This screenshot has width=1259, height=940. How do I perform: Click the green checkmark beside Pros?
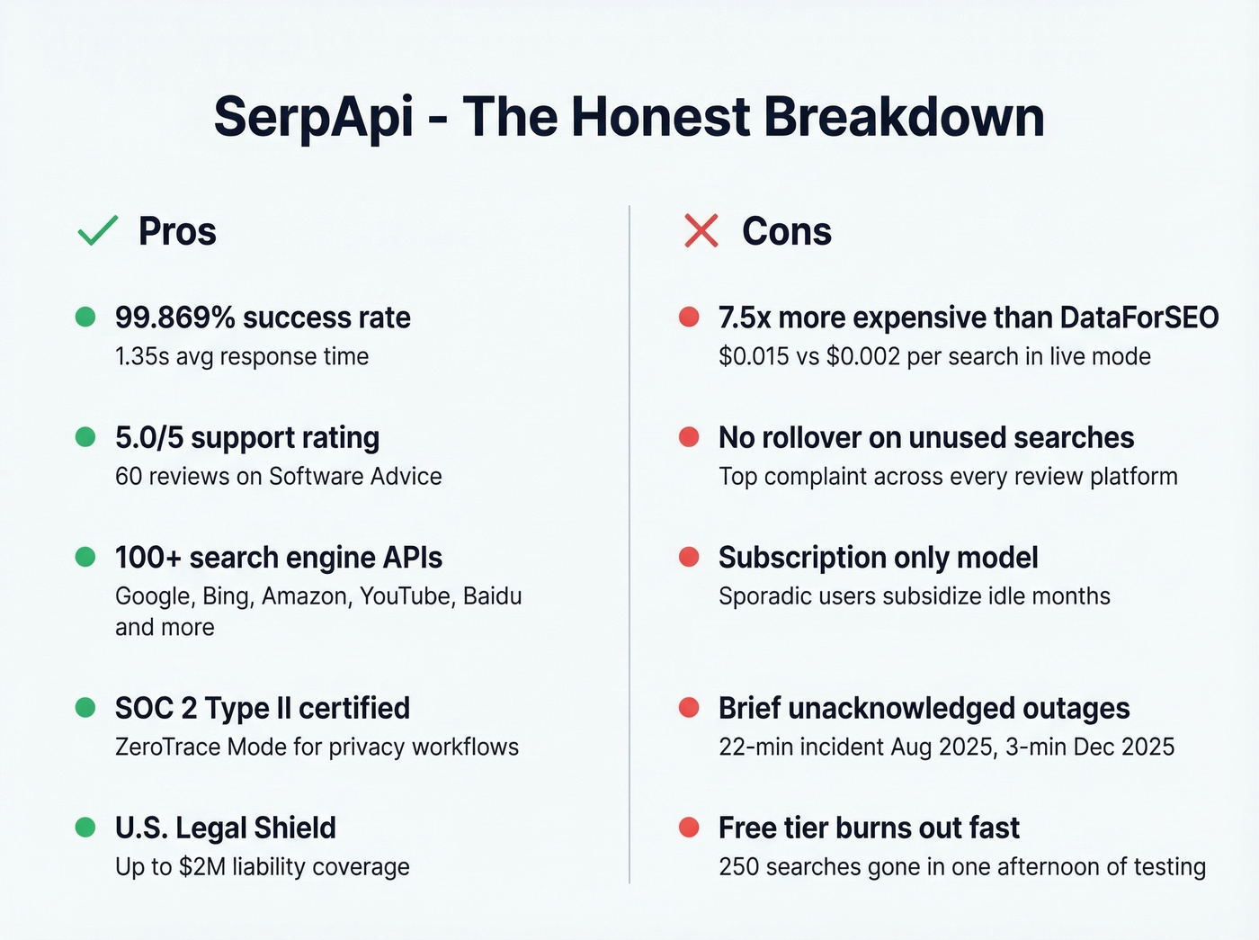(98, 231)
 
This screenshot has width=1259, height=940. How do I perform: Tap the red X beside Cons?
(701, 231)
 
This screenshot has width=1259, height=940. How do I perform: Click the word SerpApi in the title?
(314, 117)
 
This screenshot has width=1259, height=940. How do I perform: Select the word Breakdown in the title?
(904, 117)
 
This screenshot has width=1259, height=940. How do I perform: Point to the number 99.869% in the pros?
(174, 318)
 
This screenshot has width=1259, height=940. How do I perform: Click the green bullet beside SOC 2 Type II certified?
(85, 708)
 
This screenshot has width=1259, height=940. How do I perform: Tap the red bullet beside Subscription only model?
(689, 558)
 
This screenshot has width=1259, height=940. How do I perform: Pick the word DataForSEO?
(1139, 318)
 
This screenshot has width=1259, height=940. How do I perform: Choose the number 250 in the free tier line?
(738, 866)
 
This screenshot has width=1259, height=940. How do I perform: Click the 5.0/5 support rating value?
(149, 438)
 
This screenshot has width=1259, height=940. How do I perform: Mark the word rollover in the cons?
(810, 438)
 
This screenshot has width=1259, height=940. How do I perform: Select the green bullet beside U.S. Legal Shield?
(85, 828)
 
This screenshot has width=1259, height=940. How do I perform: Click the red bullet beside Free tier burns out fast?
(689, 828)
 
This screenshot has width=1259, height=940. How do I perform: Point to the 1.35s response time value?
(142, 356)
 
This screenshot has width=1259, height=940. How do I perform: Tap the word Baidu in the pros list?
(492, 596)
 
